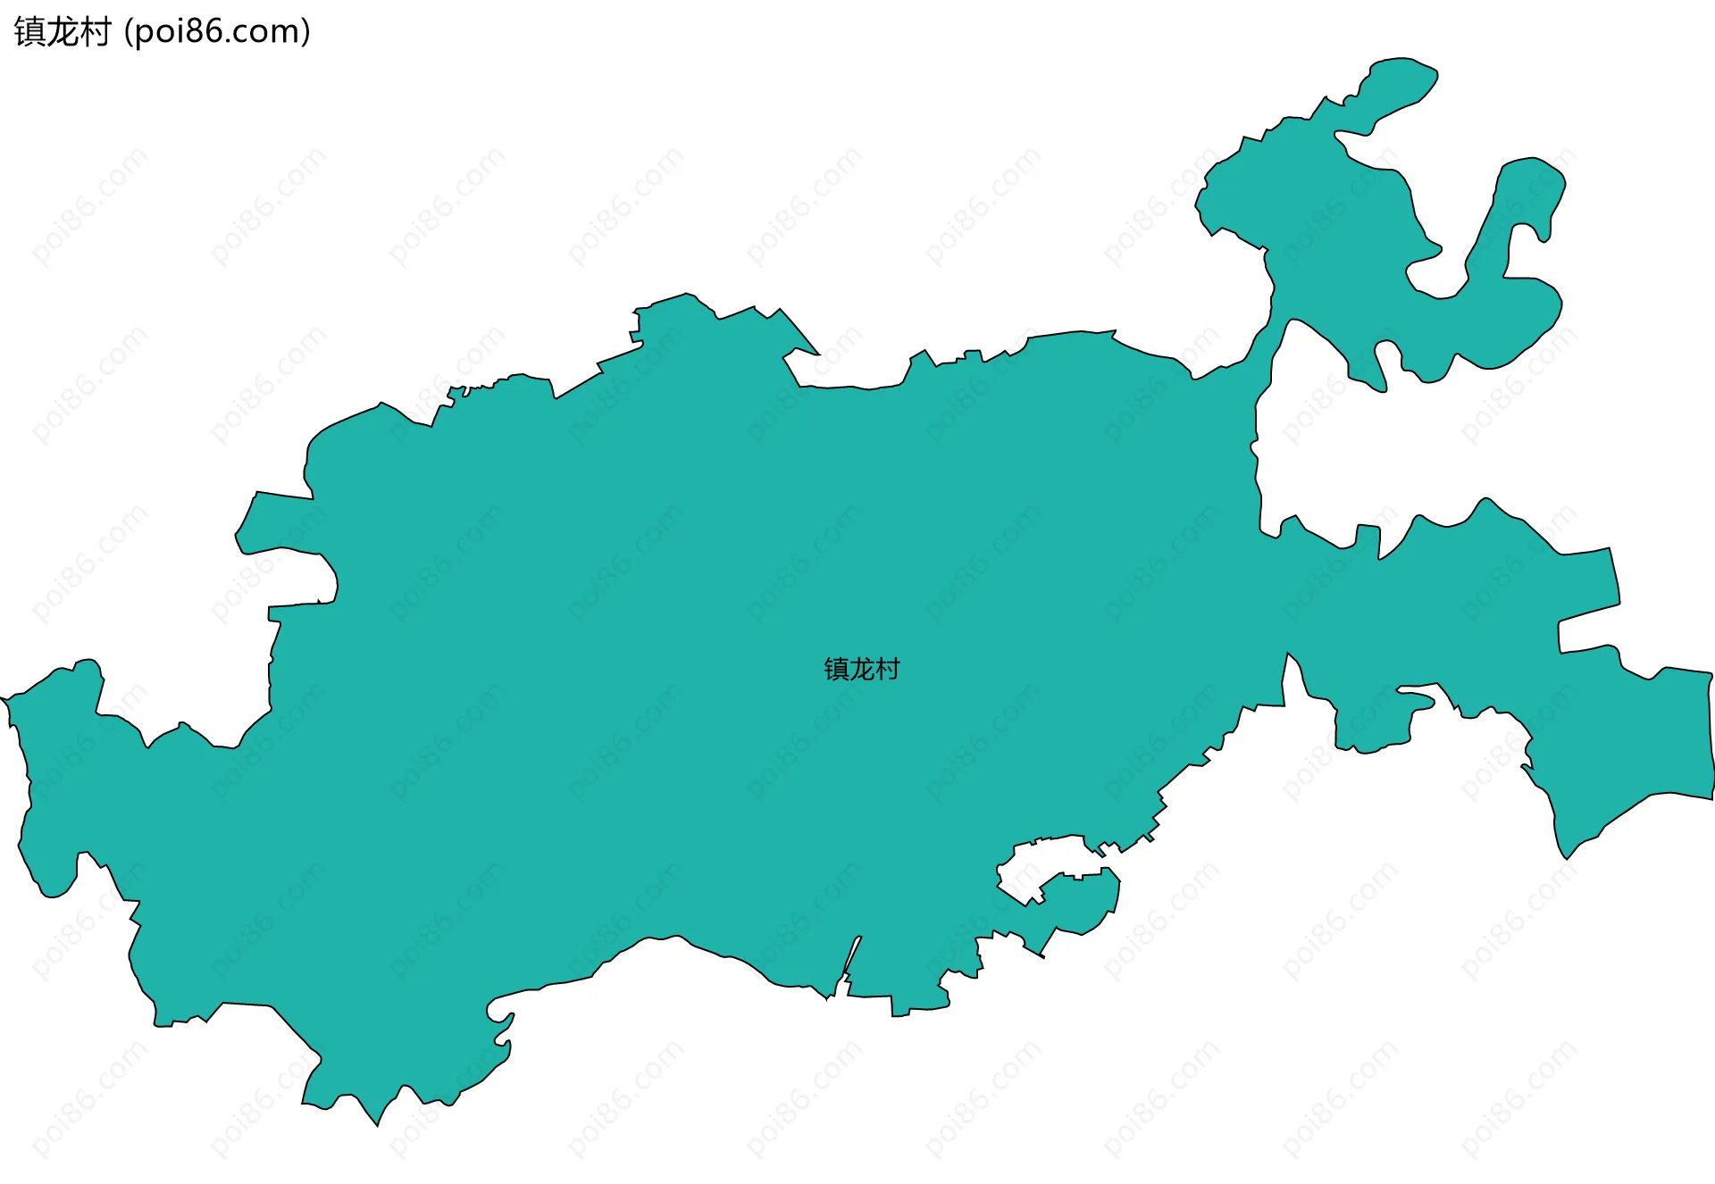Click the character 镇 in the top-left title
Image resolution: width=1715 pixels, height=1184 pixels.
[x=29, y=32]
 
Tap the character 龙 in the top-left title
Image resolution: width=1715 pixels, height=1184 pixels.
[x=63, y=32]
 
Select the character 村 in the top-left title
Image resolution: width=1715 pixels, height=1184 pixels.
[x=95, y=32]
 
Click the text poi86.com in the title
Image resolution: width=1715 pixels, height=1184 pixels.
[x=217, y=32]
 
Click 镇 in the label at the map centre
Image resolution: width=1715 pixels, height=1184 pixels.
[x=836, y=669]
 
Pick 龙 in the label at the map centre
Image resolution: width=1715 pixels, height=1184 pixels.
[x=862, y=669]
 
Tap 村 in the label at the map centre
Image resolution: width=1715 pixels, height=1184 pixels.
[x=888, y=669]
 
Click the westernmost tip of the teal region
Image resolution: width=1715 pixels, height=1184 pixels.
[x=4, y=698]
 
